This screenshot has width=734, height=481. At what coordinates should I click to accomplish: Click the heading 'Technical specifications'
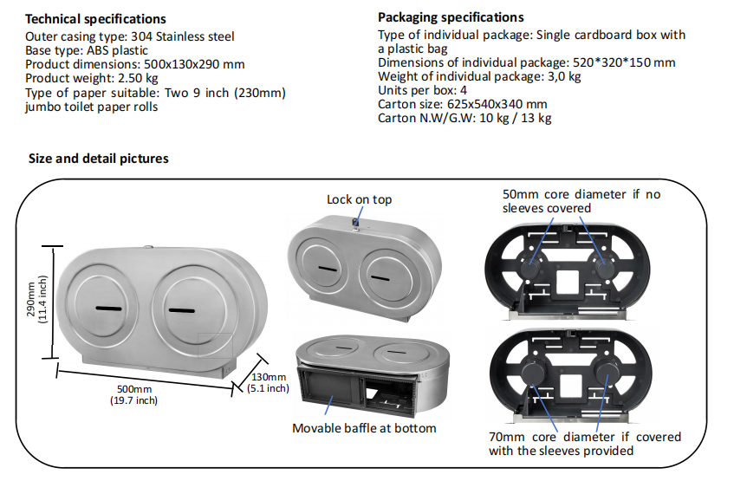tap(95, 19)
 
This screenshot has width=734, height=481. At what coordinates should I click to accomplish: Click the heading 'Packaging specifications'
tap(451, 17)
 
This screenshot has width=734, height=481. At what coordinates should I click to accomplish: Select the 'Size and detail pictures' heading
tap(99, 159)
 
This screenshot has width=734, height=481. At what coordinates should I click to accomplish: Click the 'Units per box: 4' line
tap(423, 90)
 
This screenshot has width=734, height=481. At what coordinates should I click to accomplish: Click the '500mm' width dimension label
tap(133, 389)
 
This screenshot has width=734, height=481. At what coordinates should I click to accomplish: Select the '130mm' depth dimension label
tap(269, 377)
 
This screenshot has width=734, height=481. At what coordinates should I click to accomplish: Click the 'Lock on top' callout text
tap(359, 199)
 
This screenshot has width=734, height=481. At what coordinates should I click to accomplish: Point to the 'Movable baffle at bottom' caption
tap(364, 428)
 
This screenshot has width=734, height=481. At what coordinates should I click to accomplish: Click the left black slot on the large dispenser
tap(109, 309)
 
